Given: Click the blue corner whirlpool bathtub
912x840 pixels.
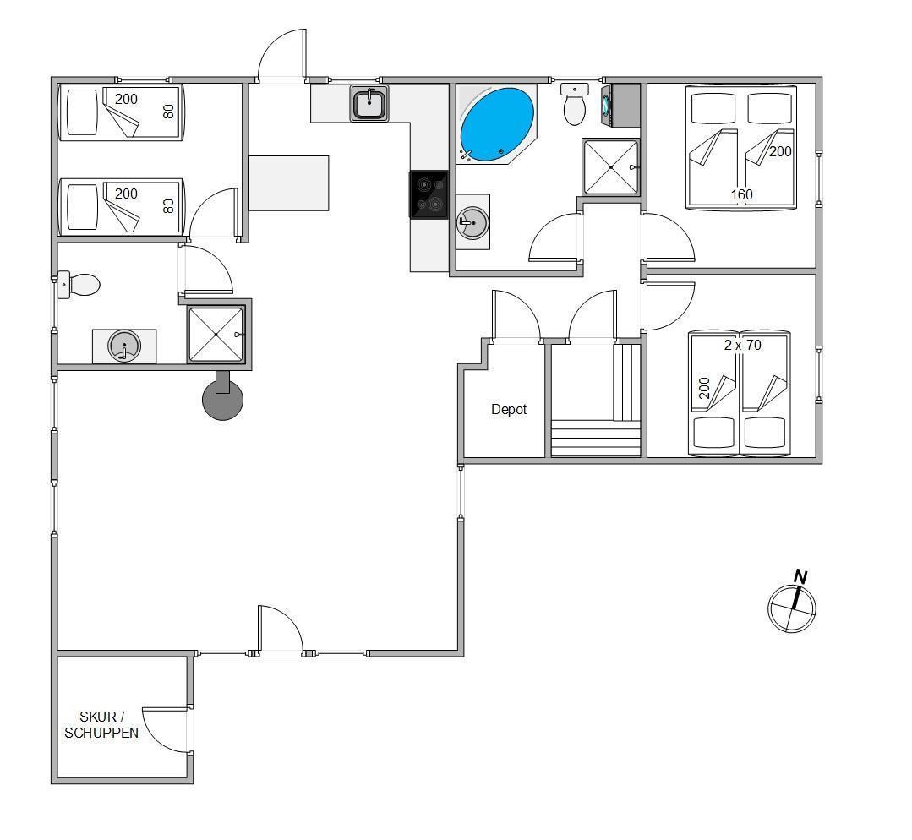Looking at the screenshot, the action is tap(497, 124).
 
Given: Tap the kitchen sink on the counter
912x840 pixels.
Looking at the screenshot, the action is tap(369, 104).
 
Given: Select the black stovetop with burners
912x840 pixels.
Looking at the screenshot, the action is tap(429, 194).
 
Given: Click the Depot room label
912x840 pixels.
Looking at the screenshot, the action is tap(509, 410).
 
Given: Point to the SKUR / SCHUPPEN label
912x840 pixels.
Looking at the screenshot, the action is tap(101, 725).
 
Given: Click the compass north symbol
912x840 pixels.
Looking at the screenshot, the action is tap(792, 603).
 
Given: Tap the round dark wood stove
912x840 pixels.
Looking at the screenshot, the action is tap(223, 395).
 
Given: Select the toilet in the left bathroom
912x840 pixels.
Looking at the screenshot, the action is tap(79, 285).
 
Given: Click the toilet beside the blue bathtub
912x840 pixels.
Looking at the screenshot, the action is tap(575, 105).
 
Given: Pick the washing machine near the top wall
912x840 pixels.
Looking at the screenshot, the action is tap(620, 105).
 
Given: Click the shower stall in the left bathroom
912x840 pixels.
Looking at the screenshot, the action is tap(216, 335).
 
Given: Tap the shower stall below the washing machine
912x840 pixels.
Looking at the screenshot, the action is tap(611, 167).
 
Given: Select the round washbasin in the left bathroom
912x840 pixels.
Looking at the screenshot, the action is tap(124, 346).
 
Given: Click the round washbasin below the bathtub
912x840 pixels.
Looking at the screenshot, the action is tap(472, 222).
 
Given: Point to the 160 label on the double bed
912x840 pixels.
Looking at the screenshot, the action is tap(741, 194).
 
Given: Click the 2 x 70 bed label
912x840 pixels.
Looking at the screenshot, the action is tap(743, 345).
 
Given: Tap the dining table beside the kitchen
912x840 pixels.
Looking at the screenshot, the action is tap(289, 183).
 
